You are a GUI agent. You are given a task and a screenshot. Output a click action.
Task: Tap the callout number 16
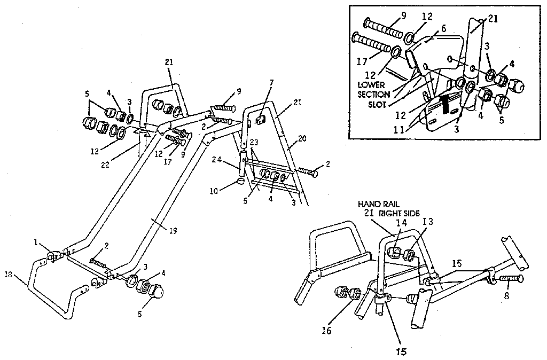[x=327, y=331]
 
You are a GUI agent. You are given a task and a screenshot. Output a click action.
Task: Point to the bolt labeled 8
[x=511, y=278]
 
